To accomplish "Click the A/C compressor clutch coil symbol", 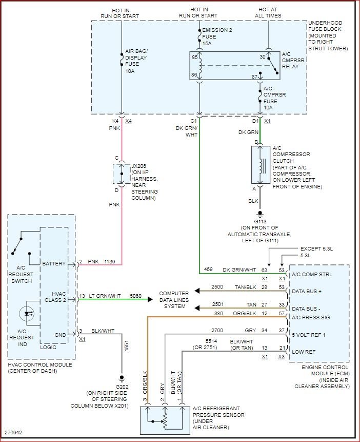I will (x=261, y=165).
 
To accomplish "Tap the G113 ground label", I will (x=259, y=221).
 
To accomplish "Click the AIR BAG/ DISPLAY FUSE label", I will (x=137, y=58).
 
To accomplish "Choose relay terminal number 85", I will (x=195, y=57).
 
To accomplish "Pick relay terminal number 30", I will (x=263, y=57).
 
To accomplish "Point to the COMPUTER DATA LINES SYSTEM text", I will (x=173, y=299).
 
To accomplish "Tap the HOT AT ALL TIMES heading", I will (x=268, y=13).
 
